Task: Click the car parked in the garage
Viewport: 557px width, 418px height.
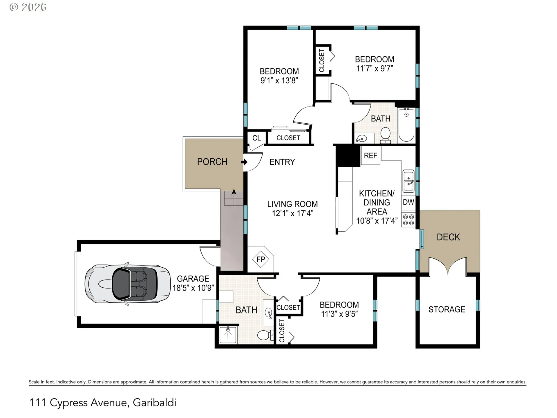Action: pos(127,284)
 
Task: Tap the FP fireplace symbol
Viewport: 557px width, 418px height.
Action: pos(261,259)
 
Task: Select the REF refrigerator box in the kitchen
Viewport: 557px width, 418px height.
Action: pos(370,156)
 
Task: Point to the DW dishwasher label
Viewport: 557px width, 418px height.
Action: pos(408,202)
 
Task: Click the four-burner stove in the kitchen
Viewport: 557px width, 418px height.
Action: pos(408,220)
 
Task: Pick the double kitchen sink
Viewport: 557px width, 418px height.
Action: pos(409,181)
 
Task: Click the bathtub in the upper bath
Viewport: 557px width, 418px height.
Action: pos(406,125)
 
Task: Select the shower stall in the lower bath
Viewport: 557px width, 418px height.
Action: pos(228,335)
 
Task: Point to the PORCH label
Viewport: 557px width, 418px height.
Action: pos(212,162)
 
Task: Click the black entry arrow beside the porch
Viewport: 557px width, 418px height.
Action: pos(244,162)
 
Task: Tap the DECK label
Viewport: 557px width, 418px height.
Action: pos(448,237)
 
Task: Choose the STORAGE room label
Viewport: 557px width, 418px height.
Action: pos(447,309)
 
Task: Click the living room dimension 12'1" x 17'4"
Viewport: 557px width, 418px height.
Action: pos(292,213)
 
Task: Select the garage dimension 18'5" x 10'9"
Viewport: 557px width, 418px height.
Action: pos(193,288)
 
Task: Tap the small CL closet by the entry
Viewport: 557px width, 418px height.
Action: pos(256,138)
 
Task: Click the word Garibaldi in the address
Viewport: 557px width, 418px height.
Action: pos(154,403)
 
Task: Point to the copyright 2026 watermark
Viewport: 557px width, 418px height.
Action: pos(28,7)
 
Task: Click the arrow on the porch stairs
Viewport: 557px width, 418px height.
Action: pos(234,192)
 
